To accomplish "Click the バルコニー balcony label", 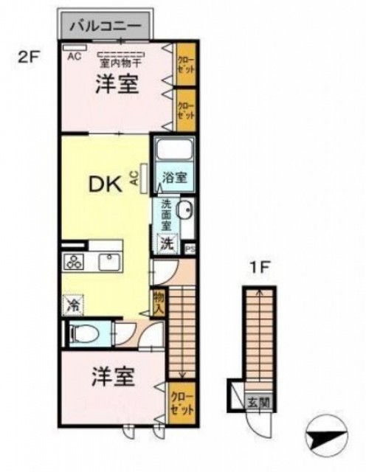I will coord(106,26).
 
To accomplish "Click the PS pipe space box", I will coord(190,248).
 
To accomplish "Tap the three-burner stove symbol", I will coord(75,261).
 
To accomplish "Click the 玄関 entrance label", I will coord(255,403).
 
